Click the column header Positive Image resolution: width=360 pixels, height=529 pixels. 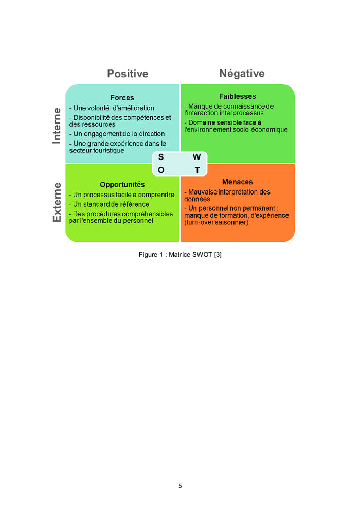[x=128, y=74]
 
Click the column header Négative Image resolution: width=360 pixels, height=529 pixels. [x=242, y=73]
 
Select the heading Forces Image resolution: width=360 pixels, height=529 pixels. [x=122, y=97]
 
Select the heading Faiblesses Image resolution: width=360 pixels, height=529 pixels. [x=237, y=96]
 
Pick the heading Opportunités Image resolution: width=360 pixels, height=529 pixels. [x=122, y=184]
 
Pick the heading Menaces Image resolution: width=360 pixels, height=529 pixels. [x=237, y=182]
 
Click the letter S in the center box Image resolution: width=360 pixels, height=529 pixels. [x=161, y=157]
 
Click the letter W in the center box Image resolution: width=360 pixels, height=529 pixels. [x=196, y=157]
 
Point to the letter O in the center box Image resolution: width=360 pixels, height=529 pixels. [x=161, y=170]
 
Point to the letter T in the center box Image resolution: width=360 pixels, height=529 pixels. [x=197, y=170]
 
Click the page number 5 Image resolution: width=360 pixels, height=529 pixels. [x=180, y=485]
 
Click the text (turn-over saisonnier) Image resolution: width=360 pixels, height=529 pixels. [x=216, y=222]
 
